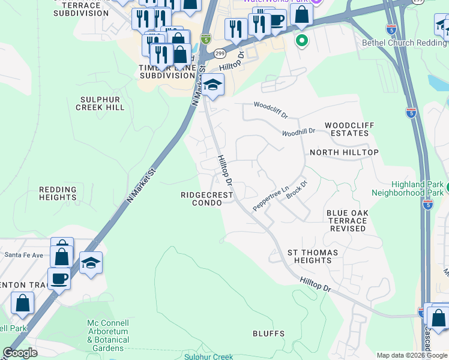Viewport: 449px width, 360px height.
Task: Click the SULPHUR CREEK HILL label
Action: pyautogui.click(x=100, y=103)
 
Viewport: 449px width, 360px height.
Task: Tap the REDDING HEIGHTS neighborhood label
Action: pyautogui.click(x=58, y=193)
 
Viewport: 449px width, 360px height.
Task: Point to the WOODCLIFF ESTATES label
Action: pyautogui.click(x=349, y=129)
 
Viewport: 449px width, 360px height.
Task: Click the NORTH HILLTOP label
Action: pyautogui.click(x=344, y=152)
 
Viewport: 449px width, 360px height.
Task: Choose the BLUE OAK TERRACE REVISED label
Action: pyautogui.click(x=346, y=221)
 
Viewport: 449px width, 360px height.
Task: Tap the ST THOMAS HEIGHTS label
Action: pyautogui.click(x=313, y=256)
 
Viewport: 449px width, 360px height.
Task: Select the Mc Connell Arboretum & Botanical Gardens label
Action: pyautogui.click(x=109, y=335)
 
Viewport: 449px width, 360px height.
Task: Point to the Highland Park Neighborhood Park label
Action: pyautogui.click(x=407, y=188)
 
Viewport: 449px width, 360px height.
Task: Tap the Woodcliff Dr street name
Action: pyautogui.click(x=271, y=109)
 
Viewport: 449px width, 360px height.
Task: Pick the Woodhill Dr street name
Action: pyautogui.click(x=298, y=131)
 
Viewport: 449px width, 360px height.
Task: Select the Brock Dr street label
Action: pyautogui.click(x=297, y=189)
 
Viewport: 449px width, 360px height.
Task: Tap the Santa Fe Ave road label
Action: pyautogui.click(x=24, y=255)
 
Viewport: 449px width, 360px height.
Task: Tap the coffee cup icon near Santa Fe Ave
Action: pyautogui.click(x=59, y=278)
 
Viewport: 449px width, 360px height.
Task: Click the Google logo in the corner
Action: pyautogui.click(x=20, y=353)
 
